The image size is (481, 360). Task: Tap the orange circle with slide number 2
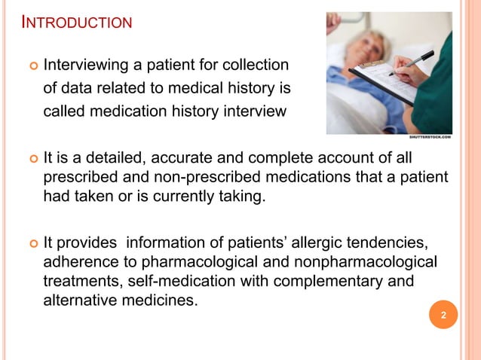[x=443, y=316]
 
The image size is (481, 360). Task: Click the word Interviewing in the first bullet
[x=83, y=65]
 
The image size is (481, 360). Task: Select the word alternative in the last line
[x=81, y=300]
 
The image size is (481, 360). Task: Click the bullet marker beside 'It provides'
[x=32, y=244]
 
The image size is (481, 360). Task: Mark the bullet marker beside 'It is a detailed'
[x=32, y=159]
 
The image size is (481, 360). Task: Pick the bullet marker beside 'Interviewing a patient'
[x=32, y=66]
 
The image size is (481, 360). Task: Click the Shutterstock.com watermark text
[x=430, y=137]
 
